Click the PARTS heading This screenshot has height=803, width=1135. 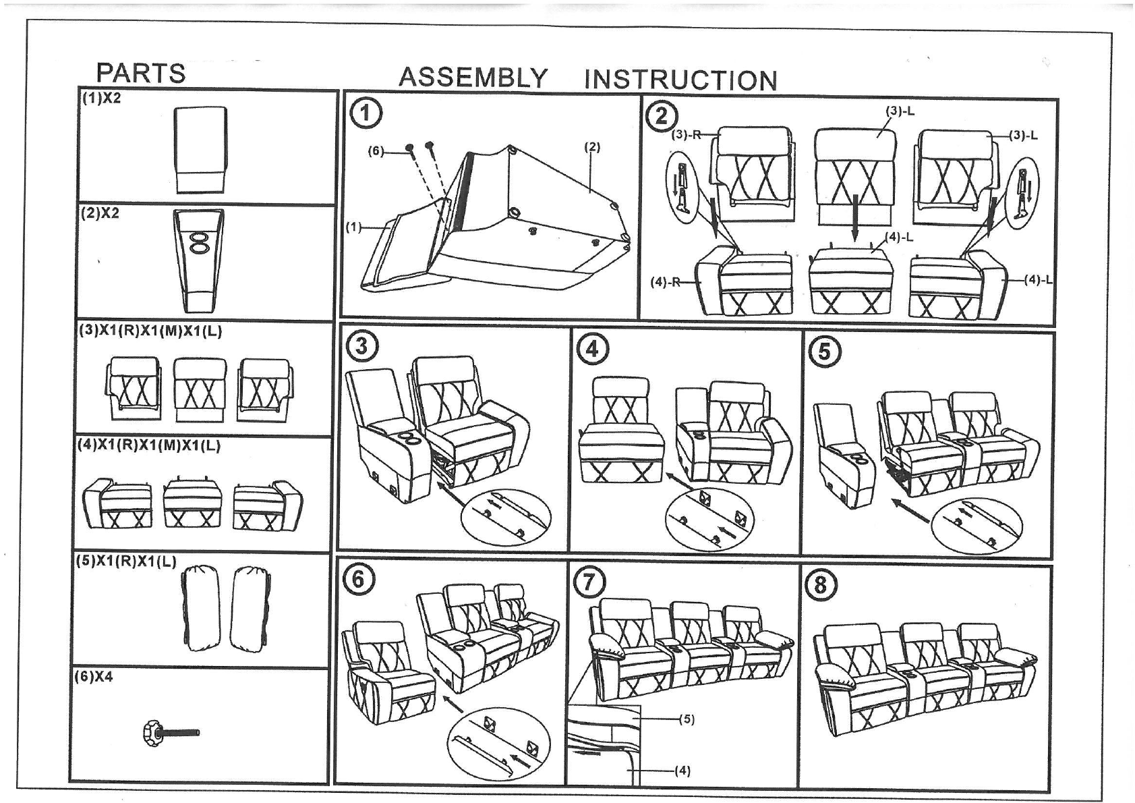[140, 73]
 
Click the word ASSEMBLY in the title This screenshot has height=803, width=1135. [473, 78]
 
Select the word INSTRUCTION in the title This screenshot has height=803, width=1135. [680, 80]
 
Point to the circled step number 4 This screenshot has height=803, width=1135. [592, 348]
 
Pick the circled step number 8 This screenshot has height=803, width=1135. [819, 584]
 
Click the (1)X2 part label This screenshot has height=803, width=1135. [101, 98]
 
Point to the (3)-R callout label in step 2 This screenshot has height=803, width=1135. [685, 134]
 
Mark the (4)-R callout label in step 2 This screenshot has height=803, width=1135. [664, 282]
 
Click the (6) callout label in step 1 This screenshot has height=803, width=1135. [376, 151]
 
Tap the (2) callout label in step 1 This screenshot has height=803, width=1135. [591, 146]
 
